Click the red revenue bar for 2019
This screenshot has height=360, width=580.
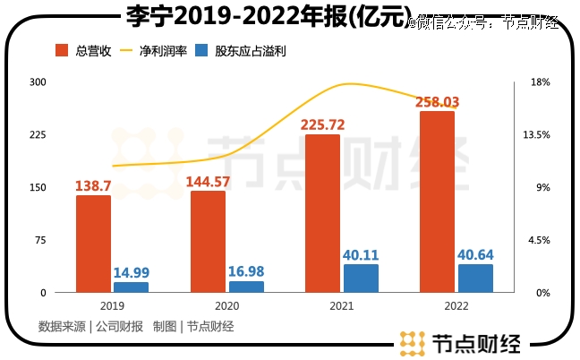pos(93,244)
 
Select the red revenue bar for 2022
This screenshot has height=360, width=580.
pos(437,201)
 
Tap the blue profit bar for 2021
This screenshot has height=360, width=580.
pos(361,279)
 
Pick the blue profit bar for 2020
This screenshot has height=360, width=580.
pos(246,287)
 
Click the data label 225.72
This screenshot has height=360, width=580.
pos(323,124)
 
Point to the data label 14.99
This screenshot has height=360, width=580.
pos(131,272)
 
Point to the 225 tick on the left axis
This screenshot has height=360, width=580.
pos(38,135)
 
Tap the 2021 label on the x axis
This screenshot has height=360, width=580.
pos(341,306)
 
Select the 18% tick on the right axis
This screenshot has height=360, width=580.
pos(539,82)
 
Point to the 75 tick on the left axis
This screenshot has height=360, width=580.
pos(40,241)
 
